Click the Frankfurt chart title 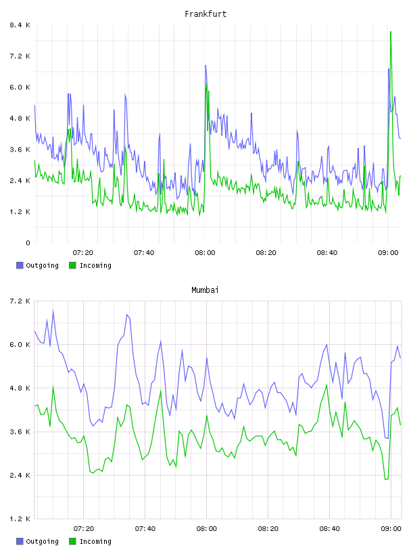tap(205, 14)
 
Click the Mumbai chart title tap(205, 290)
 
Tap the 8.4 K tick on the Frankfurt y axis tap(20, 25)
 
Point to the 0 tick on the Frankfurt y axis tap(28, 243)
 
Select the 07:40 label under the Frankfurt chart tap(144, 253)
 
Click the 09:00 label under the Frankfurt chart tap(388, 253)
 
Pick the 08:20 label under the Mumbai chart tap(268, 529)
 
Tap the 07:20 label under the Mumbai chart tap(84, 529)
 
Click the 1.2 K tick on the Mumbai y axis tap(20, 519)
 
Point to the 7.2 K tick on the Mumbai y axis tap(20, 301)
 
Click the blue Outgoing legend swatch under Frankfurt tap(20, 265)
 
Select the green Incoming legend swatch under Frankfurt tap(72, 265)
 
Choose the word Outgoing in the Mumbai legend tap(42, 541)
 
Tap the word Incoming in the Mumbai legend tap(95, 541)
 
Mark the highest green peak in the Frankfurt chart tap(391, 32)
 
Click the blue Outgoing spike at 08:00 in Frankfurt tap(205, 66)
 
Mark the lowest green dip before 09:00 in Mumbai tap(386, 479)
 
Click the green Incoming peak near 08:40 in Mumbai tap(327, 385)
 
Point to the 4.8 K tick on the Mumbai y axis tap(20, 388)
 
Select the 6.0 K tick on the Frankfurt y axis tap(20, 87)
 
